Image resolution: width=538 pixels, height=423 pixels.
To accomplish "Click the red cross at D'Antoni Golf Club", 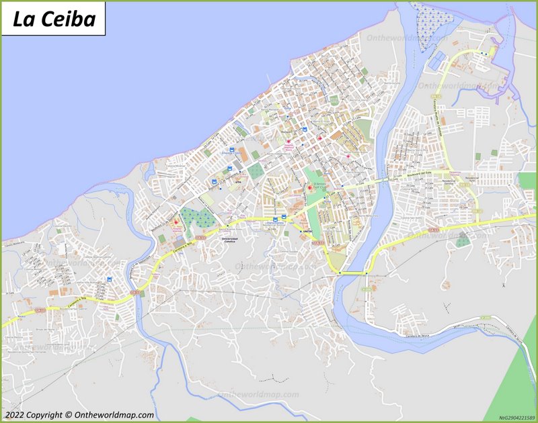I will point(309,187).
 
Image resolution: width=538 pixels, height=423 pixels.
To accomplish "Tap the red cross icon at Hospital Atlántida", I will point(178,222).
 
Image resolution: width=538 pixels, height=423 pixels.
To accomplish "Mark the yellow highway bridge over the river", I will point(352,273).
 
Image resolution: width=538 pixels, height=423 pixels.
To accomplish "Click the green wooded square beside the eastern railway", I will point(461,240).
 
